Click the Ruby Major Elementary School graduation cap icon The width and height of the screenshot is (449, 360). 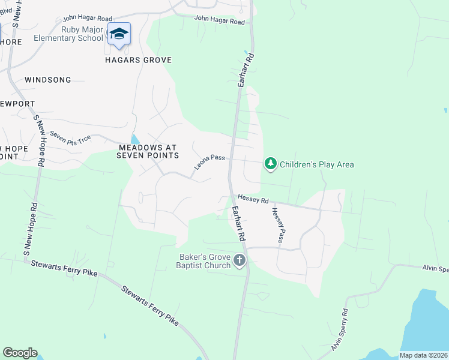point(119,34)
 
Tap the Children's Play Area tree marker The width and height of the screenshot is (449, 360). point(271,163)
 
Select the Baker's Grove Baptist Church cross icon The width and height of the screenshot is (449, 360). point(240,260)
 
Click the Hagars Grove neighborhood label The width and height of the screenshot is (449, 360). point(139,60)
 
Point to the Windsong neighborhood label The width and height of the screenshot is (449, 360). point(48,80)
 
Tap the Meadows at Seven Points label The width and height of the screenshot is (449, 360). point(149,151)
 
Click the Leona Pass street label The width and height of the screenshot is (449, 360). point(209,161)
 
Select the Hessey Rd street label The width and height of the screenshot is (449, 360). point(252,198)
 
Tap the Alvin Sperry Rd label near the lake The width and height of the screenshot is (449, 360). point(339,329)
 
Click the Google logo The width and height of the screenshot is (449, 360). point(20,353)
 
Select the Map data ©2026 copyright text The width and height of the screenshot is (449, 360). point(423,355)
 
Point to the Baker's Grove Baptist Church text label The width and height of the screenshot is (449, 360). point(205,261)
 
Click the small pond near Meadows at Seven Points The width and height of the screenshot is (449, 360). point(134,139)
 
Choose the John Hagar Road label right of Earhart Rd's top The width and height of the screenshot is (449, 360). point(220,20)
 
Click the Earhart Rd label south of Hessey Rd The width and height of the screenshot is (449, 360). point(239,224)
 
